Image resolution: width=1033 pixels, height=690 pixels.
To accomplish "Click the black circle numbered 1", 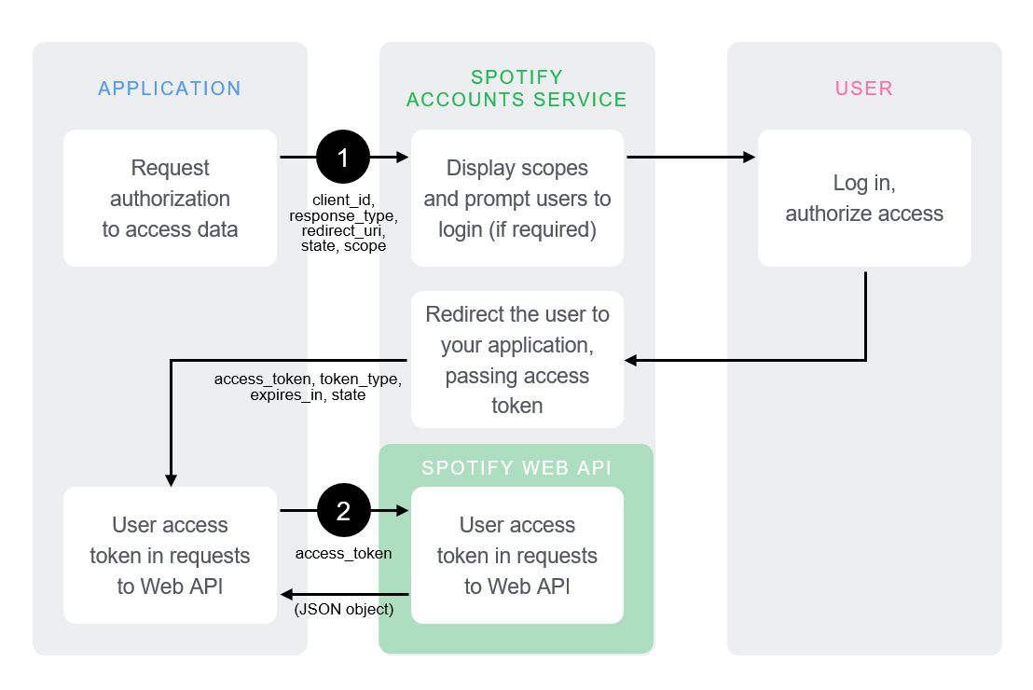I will click(343, 157).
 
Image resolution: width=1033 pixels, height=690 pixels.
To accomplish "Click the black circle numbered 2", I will click(343, 510).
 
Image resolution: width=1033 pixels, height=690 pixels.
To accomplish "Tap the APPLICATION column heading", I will click(170, 89).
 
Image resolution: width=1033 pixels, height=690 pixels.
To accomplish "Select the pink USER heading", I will click(864, 89).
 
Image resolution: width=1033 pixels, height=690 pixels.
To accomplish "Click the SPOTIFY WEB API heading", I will click(516, 467).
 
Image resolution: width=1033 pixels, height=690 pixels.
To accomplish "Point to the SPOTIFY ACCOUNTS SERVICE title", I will click(516, 89).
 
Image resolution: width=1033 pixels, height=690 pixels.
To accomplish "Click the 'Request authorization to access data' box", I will click(170, 198).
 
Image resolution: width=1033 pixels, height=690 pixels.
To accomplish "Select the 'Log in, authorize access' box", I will click(864, 198).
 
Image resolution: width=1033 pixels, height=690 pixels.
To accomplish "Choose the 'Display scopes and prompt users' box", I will click(516, 198).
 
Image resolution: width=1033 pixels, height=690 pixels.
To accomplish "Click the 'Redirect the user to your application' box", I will click(516, 359).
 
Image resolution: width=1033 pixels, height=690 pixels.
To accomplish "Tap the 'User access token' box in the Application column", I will click(170, 555).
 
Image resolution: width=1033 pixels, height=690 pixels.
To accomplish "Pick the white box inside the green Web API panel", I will click(516, 555).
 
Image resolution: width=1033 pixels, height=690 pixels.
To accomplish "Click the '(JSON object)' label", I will click(344, 610).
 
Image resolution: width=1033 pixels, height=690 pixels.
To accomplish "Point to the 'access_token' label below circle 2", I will click(343, 553).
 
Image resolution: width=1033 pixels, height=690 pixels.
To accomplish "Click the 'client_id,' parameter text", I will click(343, 200).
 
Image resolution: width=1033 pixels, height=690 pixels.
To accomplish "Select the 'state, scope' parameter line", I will click(343, 246).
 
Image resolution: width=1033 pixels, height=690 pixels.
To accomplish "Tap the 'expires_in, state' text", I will click(308, 395).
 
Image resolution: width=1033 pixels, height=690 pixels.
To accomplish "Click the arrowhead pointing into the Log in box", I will click(749, 157).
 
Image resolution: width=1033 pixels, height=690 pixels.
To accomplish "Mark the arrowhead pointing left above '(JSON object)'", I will click(287, 594).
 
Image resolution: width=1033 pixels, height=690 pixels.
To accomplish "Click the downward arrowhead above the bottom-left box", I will click(171, 479).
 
